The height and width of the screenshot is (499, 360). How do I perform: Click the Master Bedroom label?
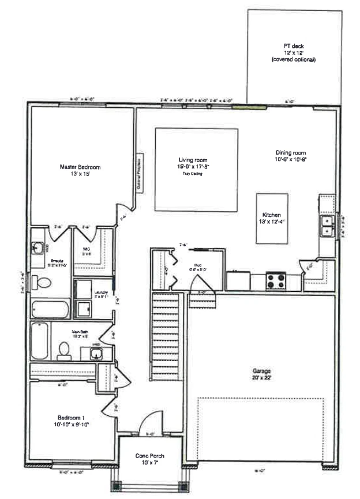[x=80, y=167]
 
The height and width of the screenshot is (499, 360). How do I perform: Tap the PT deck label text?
[x=293, y=46]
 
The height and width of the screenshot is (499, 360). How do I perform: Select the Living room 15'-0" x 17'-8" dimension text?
[x=193, y=167]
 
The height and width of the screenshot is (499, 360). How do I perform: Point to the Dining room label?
[x=290, y=153]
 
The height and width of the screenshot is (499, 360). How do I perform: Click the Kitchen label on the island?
[x=272, y=213]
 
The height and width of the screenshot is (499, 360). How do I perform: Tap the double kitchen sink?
[x=328, y=226]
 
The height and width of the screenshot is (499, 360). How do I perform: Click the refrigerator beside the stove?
[x=238, y=281]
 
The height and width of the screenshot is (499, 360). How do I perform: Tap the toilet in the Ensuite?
[x=42, y=282]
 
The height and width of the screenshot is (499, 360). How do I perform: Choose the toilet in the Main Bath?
[x=63, y=351]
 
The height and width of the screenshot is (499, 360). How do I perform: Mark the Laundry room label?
[x=102, y=292]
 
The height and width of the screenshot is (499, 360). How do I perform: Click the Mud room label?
[x=190, y=267]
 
